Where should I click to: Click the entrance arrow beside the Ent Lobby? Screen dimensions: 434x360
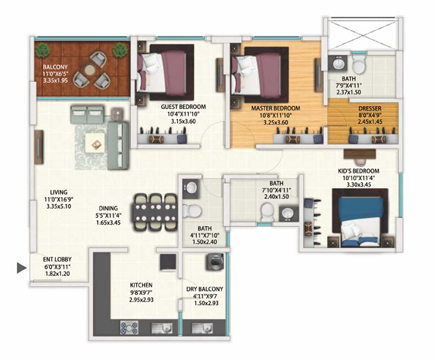[21, 268]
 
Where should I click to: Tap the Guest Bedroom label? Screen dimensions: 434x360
[183, 107]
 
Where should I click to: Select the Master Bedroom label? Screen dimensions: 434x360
[275, 108]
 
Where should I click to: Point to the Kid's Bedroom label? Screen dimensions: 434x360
[359, 170]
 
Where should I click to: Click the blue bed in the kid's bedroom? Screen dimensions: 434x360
[360, 217]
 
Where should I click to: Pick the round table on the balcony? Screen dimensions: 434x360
[90, 70]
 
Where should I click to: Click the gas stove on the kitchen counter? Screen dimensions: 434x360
[129, 328]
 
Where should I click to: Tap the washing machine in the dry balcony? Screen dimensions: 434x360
[214, 262]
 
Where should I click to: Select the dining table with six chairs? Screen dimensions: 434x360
[155, 212]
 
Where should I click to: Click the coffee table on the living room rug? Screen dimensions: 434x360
[95, 143]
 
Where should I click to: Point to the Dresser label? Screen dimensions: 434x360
[370, 108]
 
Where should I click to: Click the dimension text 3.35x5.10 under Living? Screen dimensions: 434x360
[59, 206]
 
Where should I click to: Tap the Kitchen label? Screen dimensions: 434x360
[141, 285]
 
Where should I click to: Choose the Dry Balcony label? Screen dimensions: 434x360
[204, 289]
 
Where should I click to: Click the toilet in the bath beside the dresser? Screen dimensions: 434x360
[359, 64]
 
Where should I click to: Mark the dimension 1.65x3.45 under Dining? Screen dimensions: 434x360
[108, 222]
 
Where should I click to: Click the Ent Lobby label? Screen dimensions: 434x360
[57, 260]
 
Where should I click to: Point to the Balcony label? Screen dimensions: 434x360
[55, 67]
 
